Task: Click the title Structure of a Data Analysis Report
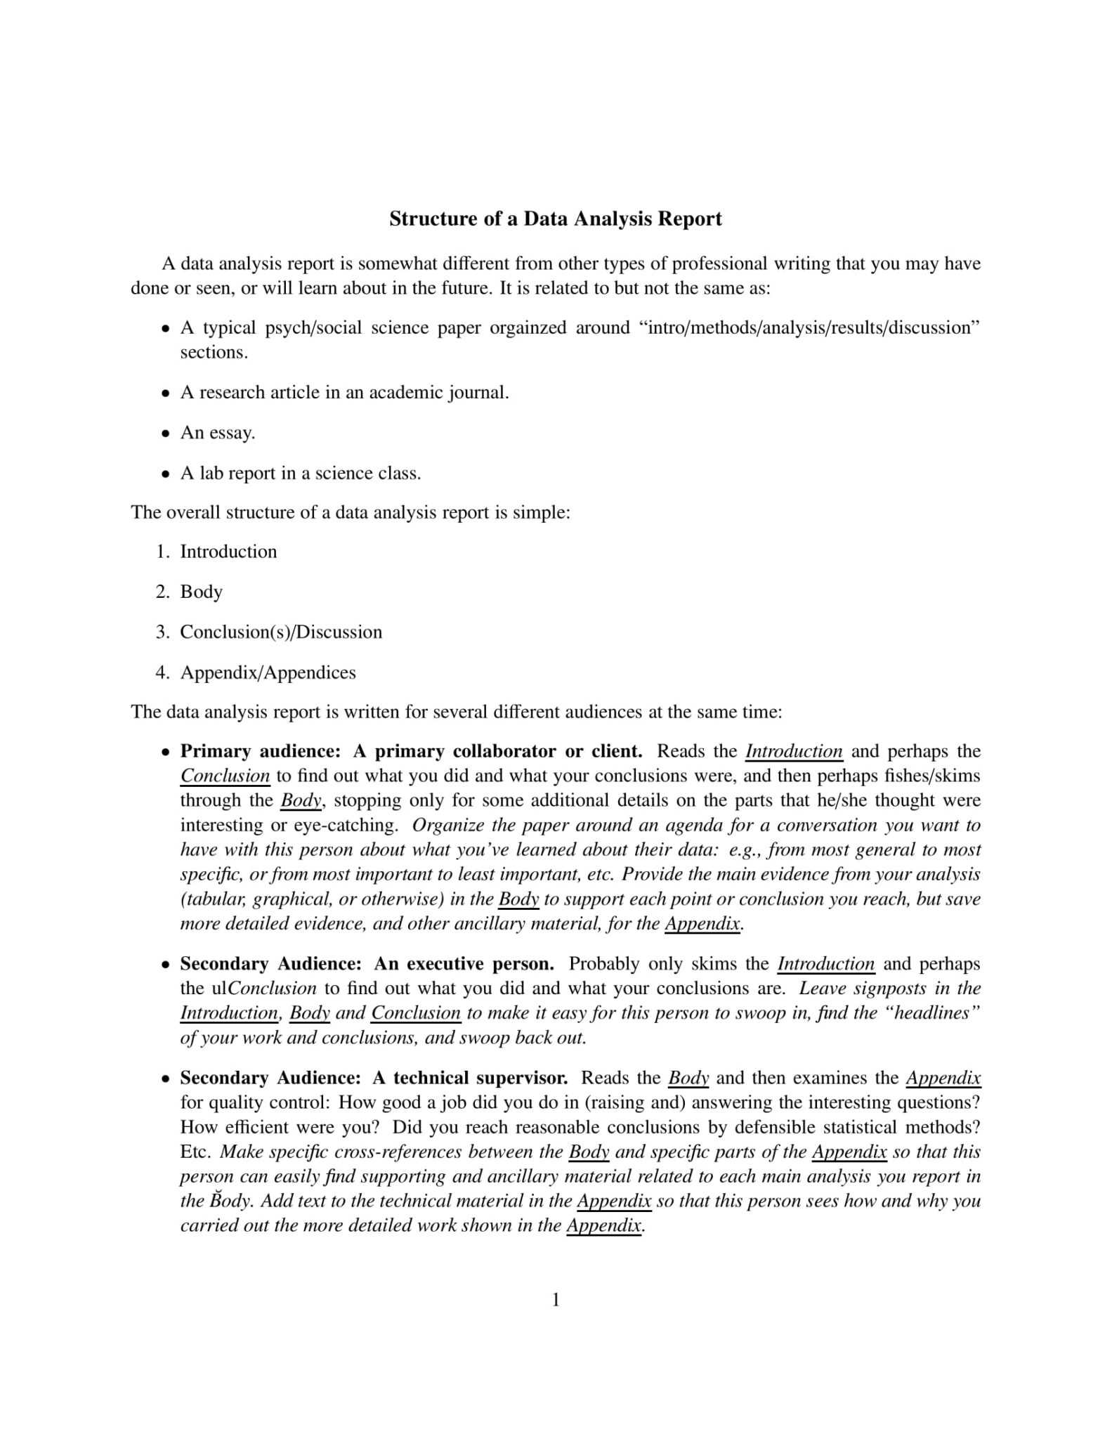click(x=555, y=219)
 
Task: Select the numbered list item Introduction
click(x=228, y=552)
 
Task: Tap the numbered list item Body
click(x=201, y=592)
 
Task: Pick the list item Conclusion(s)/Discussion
click(x=281, y=632)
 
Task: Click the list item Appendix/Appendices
click(x=268, y=672)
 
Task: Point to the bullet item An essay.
click(x=217, y=432)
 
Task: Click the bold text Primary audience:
click(x=260, y=751)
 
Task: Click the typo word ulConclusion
click(x=263, y=989)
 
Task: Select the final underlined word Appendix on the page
click(x=604, y=1225)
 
